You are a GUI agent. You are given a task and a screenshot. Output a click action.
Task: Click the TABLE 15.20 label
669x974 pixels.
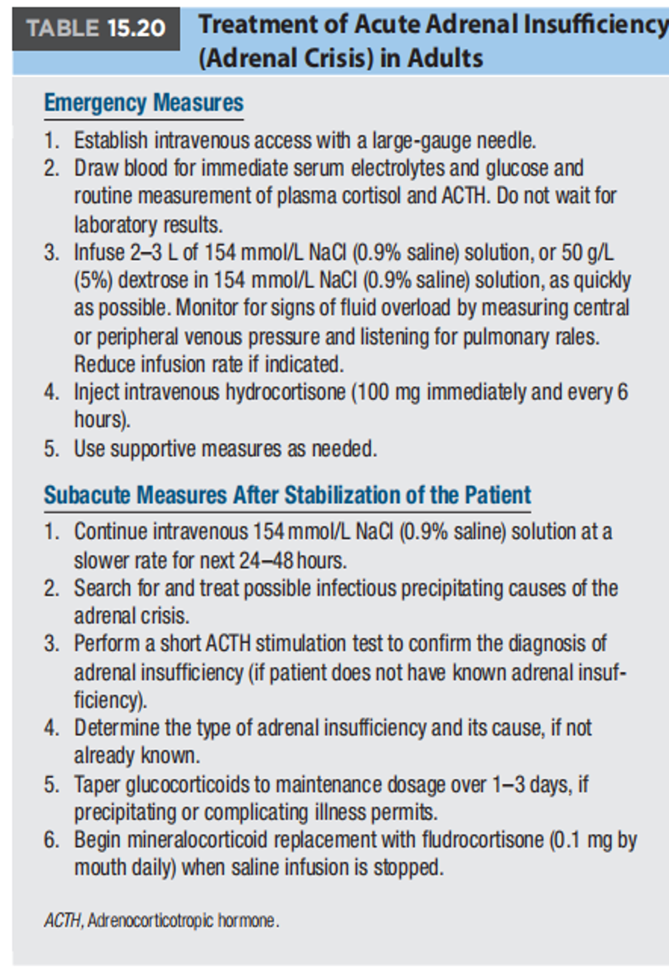coord(96,28)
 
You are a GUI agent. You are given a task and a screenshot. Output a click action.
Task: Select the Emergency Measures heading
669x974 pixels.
coord(143,103)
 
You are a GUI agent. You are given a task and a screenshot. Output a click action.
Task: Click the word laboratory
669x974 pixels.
coord(116,225)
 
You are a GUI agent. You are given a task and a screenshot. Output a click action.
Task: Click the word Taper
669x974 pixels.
coord(96,785)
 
